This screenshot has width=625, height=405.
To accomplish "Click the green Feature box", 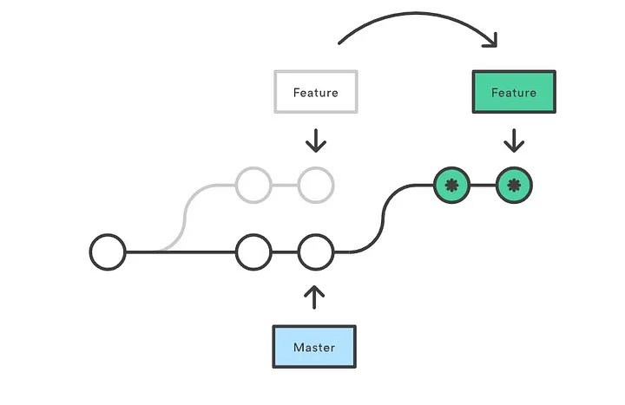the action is tap(514, 92).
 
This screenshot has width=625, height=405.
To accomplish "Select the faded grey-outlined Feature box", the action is tap(316, 92).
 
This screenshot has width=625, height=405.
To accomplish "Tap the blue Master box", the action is tap(314, 346).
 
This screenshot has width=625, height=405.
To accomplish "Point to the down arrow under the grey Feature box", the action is tap(316, 140).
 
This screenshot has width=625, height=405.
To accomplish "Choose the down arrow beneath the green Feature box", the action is tap(514, 140).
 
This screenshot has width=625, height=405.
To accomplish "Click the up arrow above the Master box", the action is tap(314, 297).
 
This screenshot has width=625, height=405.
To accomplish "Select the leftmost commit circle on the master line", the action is tap(108, 252).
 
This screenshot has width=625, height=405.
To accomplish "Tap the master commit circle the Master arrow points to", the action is tap(316, 252).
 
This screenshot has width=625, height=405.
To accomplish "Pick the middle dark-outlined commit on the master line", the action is tap(253, 252).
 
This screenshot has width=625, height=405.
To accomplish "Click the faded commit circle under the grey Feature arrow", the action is tap(316, 186).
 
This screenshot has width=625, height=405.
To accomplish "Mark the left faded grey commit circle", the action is tap(253, 186).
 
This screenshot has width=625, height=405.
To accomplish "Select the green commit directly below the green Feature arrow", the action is tap(514, 186).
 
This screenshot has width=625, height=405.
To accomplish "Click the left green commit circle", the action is tap(451, 186).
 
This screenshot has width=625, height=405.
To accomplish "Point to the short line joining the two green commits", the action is tap(484, 186).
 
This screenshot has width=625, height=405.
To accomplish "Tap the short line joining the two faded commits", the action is tap(285, 186).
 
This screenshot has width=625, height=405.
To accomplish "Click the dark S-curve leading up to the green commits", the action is tap(384, 219).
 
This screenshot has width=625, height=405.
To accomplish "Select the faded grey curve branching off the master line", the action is tap(185, 219).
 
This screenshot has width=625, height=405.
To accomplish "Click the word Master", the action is tap(314, 347).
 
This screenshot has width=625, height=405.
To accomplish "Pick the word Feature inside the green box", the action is tap(514, 93).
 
